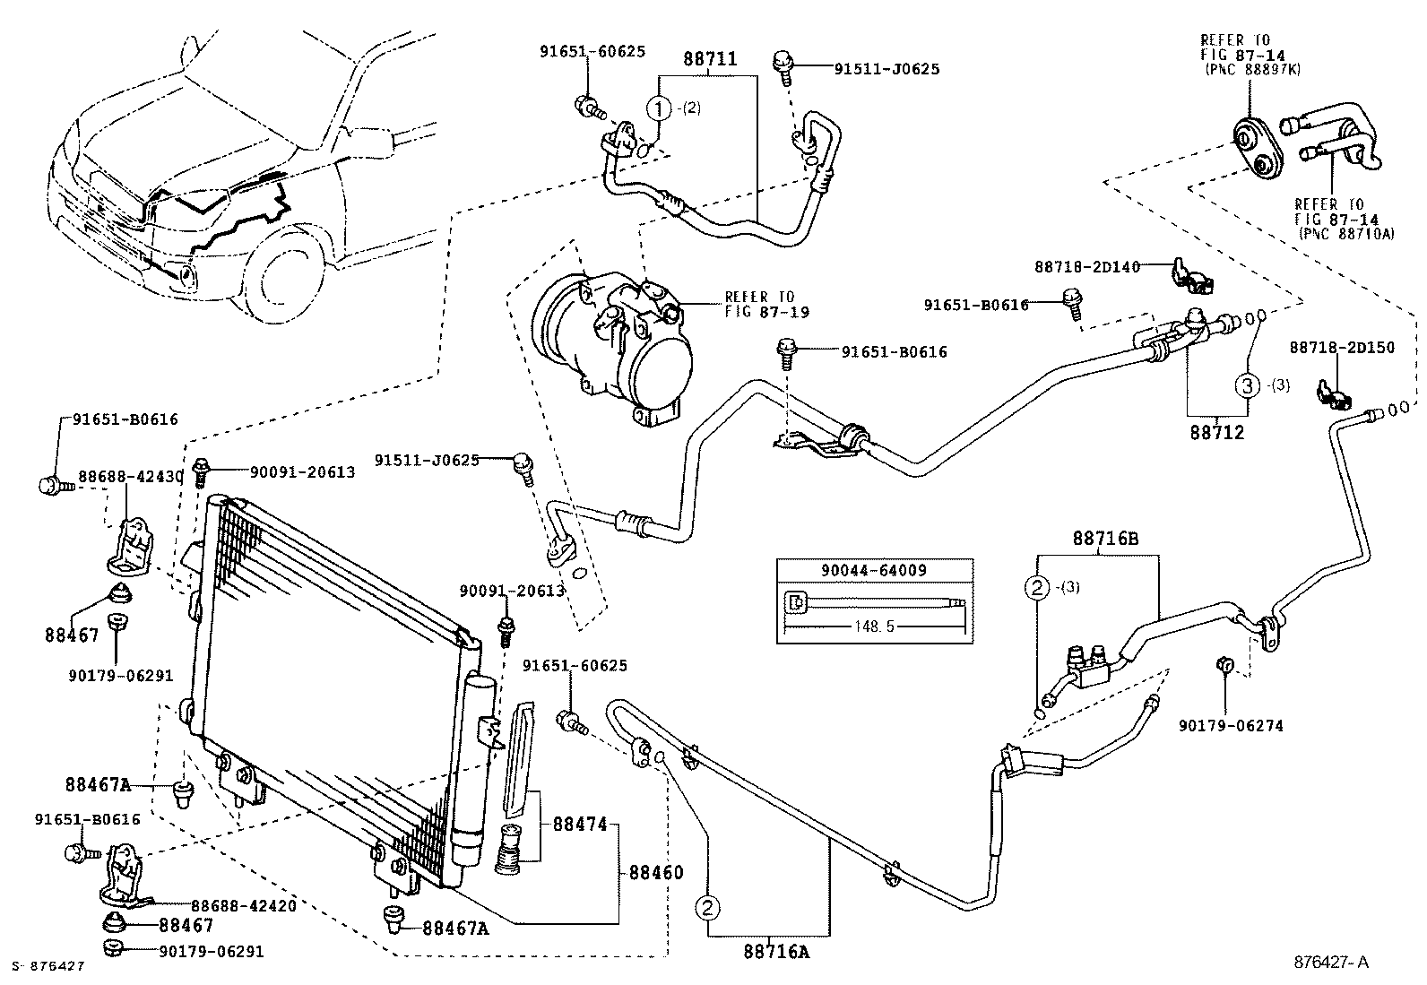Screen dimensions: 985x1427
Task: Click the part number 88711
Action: pyautogui.click(x=709, y=59)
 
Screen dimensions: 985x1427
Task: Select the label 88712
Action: pyautogui.click(x=1217, y=432)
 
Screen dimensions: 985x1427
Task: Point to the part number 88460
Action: pyautogui.click(x=655, y=872)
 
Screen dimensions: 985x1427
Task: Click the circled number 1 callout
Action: pyautogui.click(x=659, y=108)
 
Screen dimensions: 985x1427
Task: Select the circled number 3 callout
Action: pyautogui.click(x=1248, y=386)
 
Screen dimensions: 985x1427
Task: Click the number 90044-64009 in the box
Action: pyautogui.click(x=874, y=570)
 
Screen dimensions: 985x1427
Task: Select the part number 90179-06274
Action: pyautogui.click(x=1230, y=725)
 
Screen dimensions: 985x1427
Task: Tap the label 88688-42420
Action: pyautogui.click(x=244, y=905)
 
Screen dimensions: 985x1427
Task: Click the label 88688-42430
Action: pyautogui.click(x=131, y=477)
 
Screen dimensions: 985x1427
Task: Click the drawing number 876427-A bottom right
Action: pyautogui.click(x=1331, y=963)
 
